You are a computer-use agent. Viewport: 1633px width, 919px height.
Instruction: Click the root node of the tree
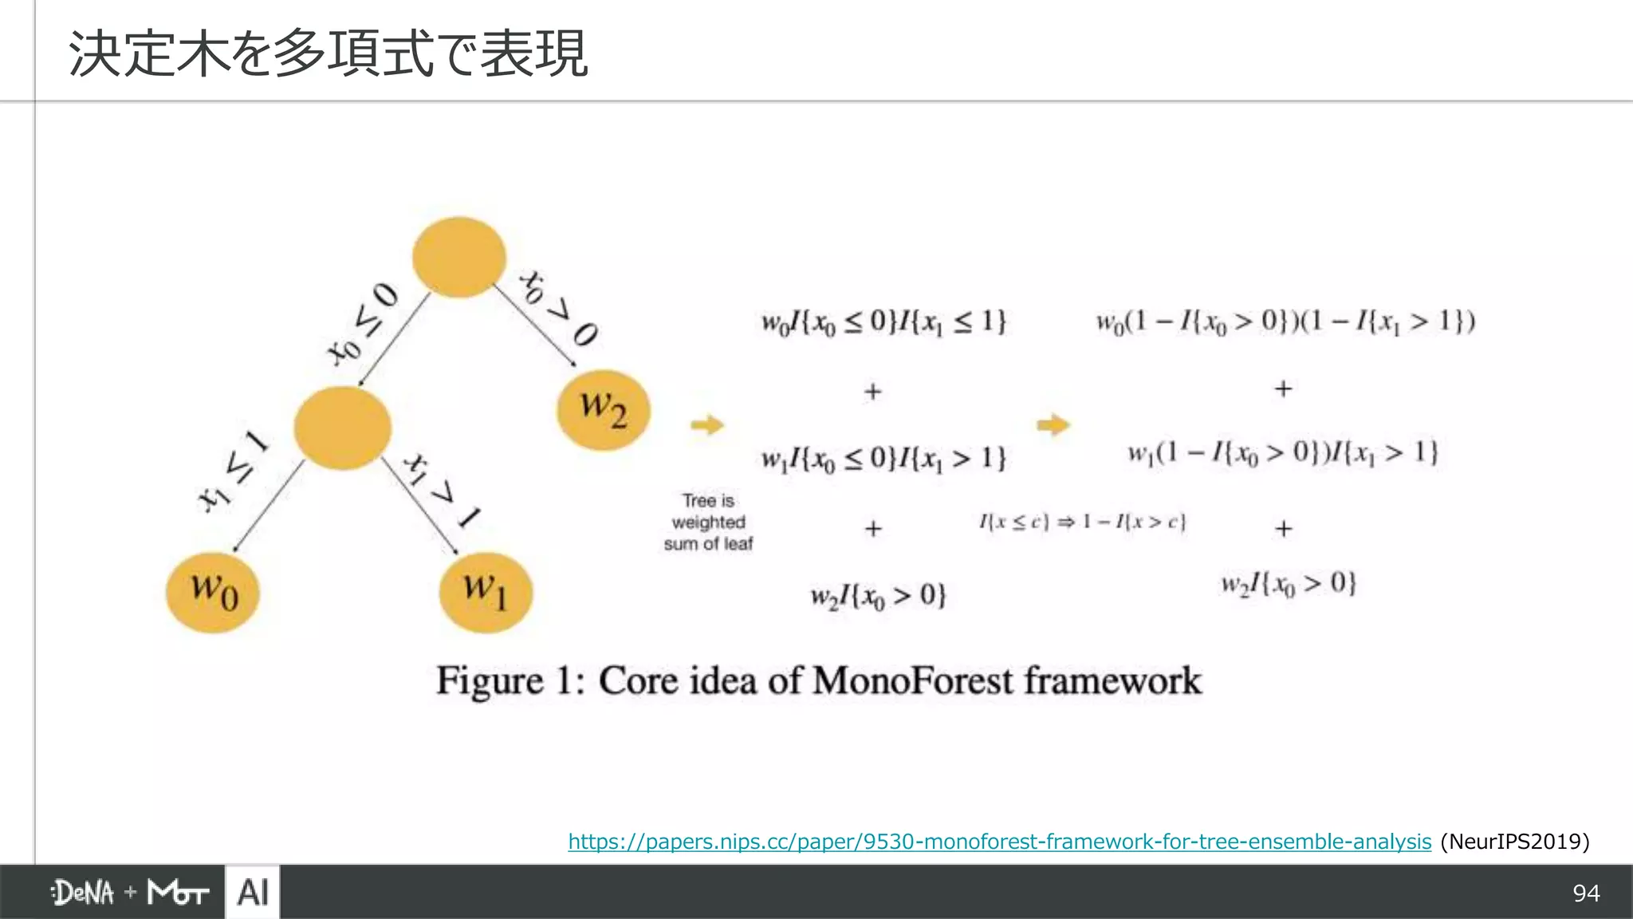(x=458, y=257)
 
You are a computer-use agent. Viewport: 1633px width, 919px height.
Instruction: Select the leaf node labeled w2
(x=603, y=410)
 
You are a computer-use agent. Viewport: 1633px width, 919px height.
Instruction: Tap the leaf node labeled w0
(x=213, y=592)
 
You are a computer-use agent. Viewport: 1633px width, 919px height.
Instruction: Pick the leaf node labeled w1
(x=486, y=592)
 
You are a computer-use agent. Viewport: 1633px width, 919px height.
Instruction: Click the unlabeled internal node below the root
(x=342, y=428)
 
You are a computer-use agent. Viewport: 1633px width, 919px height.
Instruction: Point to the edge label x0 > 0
(x=558, y=308)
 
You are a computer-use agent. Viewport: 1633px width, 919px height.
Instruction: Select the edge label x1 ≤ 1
(x=234, y=470)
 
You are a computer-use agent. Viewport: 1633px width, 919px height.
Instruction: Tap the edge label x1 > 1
(x=442, y=490)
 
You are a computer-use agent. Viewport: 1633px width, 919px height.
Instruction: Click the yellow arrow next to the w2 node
(x=706, y=424)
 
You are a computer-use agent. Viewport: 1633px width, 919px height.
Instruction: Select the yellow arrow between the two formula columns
(x=1053, y=424)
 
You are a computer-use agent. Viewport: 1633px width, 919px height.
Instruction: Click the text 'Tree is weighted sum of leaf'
(x=708, y=523)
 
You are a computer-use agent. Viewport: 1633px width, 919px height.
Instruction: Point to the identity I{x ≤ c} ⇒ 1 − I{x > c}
(x=1082, y=523)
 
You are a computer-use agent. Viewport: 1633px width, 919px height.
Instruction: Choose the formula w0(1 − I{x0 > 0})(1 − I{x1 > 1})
(x=1285, y=321)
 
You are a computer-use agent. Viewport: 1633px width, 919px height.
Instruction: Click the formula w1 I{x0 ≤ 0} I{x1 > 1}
(x=883, y=458)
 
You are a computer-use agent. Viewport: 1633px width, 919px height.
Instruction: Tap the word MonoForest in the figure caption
(x=913, y=681)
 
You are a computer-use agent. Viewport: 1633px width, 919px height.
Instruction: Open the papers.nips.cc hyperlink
(x=999, y=842)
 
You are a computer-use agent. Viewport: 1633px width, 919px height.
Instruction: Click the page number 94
(x=1586, y=893)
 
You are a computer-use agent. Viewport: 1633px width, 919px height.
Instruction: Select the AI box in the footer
(x=253, y=892)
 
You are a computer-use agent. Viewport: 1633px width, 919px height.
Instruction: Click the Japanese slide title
(x=328, y=54)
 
